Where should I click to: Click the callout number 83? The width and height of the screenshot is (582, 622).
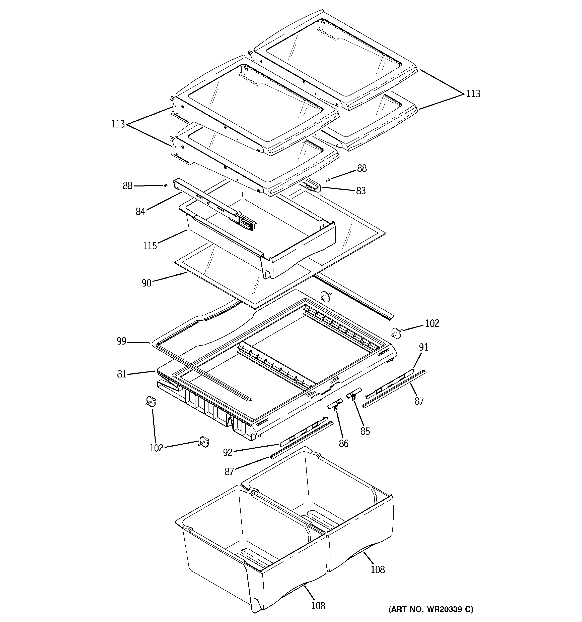(361, 191)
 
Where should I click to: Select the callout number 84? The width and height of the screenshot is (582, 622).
(140, 212)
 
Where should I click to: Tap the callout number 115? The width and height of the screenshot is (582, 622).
(150, 246)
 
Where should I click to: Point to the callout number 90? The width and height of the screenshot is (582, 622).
(147, 283)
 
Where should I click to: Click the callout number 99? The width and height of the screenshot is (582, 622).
(121, 341)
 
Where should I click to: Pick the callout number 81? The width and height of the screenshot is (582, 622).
(121, 374)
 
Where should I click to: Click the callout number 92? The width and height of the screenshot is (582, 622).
(228, 452)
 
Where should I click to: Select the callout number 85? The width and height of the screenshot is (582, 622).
(365, 432)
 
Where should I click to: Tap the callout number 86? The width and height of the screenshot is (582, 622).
(343, 443)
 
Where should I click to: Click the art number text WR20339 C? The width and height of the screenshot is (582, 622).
(431, 609)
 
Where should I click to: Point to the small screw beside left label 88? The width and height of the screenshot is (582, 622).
(166, 185)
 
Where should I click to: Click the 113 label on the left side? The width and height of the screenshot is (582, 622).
(118, 124)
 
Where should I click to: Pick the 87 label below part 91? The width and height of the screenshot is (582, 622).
(419, 401)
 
